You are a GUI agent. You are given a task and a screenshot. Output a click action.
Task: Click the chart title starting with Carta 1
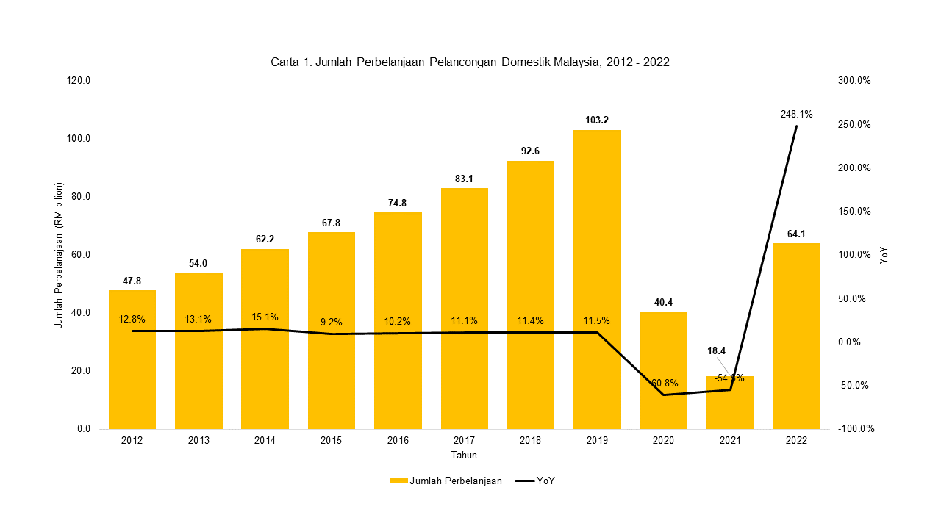point(470,62)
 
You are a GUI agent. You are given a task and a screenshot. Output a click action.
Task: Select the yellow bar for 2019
point(597,279)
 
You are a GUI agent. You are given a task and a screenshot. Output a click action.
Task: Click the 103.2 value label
point(597,120)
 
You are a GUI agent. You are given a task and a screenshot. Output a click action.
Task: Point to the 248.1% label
point(796,115)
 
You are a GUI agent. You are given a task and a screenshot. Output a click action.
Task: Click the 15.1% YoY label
point(265,317)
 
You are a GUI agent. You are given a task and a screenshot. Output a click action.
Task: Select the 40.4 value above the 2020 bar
point(663,302)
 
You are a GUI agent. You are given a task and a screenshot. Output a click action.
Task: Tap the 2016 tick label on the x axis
point(398,441)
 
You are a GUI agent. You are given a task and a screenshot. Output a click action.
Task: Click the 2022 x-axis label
point(796,441)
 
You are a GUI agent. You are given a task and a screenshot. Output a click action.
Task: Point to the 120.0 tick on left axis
point(76,81)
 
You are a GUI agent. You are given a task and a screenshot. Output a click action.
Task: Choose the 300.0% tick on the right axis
point(854,81)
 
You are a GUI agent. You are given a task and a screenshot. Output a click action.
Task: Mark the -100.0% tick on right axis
point(856,429)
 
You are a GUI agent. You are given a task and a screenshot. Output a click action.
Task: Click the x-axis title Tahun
point(464,456)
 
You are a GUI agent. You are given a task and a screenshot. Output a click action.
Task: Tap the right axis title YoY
point(884,255)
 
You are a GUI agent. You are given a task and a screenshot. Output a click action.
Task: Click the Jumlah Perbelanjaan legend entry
point(446,481)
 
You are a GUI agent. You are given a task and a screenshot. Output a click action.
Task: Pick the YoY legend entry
point(534,481)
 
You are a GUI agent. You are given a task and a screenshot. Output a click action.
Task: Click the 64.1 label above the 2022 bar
point(796,234)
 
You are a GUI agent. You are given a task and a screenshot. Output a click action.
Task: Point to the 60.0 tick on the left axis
point(78,255)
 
